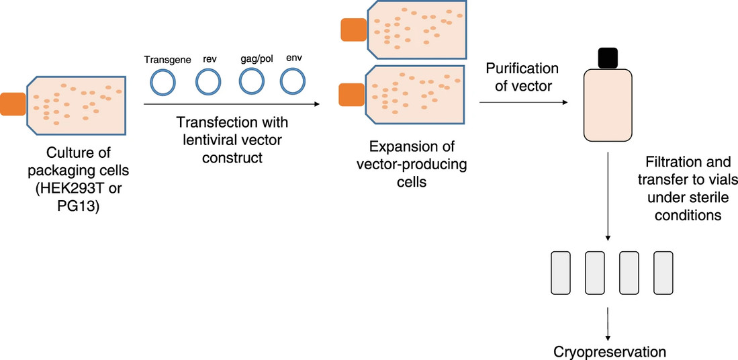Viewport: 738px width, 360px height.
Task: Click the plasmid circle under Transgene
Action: tap(162, 83)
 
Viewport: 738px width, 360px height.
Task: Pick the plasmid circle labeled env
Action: tap(293, 83)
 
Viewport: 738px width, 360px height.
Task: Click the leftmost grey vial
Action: tap(561, 273)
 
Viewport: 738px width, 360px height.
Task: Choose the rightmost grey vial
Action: tap(663, 273)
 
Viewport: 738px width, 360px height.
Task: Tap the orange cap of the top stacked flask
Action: tap(353, 30)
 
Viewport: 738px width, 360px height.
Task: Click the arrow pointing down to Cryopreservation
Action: tap(608, 323)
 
